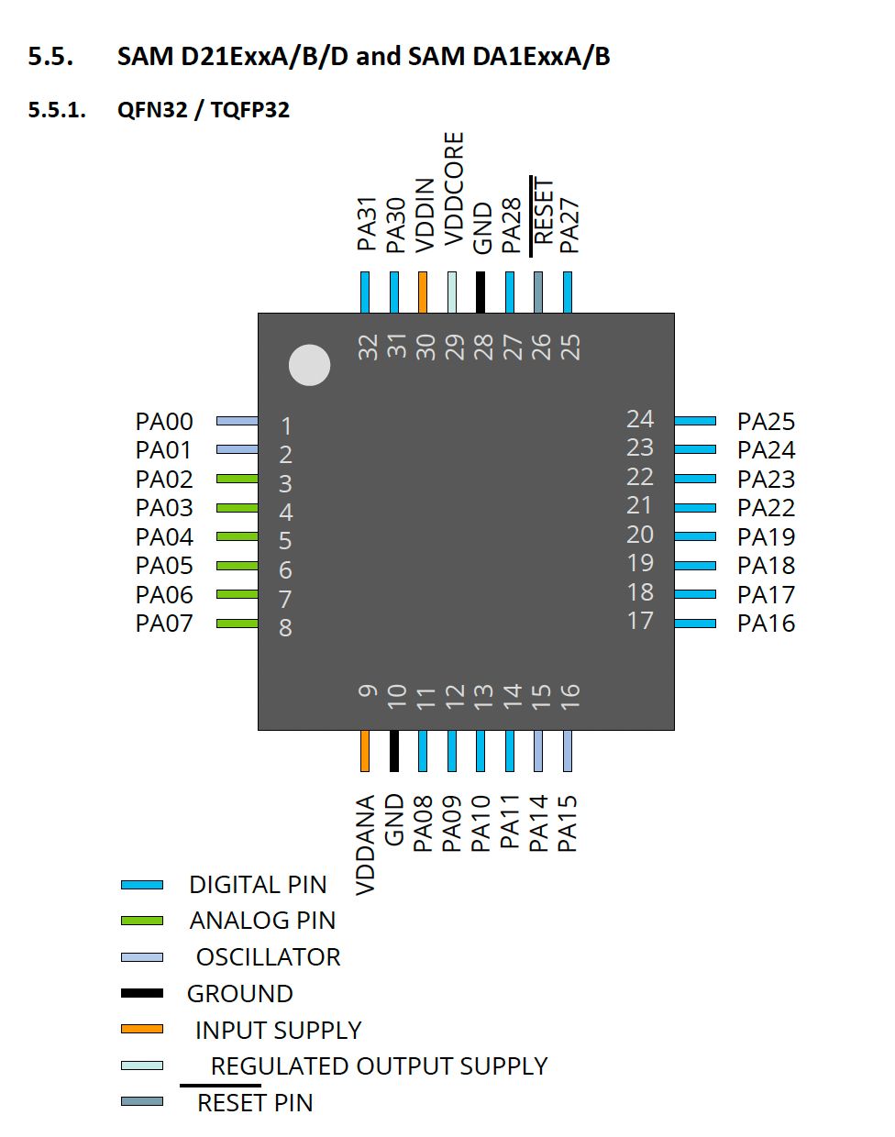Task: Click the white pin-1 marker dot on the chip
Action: point(309,365)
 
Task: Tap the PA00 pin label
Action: point(164,422)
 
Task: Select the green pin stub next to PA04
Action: point(237,536)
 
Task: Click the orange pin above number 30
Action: point(423,292)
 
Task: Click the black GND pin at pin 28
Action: point(481,292)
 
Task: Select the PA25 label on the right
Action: point(766,422)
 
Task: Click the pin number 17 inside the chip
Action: point(640,621)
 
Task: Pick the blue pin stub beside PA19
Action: point(695,536)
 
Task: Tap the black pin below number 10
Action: point(394,750)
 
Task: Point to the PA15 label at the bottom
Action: point(568,822)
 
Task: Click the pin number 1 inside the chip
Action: point(286,426)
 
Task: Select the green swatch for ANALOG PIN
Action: point(142,921)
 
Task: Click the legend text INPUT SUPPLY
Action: point(278,1030)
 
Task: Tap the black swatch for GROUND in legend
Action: point(142,993)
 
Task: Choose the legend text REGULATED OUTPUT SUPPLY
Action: point(379,1066)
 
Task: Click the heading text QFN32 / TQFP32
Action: point(204,110)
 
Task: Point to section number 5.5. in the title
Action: point(50,57)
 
